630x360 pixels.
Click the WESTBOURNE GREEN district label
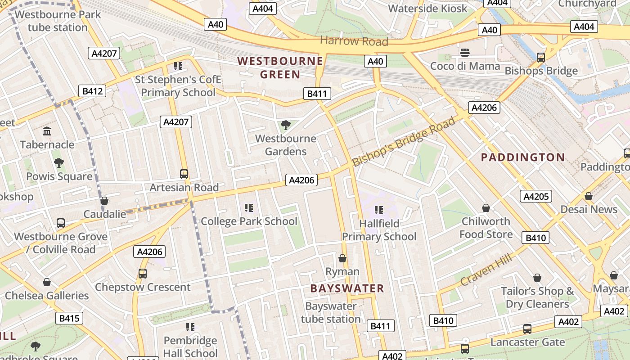point(280,67)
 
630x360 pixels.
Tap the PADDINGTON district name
point(523,157)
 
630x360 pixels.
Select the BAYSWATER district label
point(347,288)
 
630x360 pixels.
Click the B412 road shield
point(93,91)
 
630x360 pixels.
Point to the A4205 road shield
point(535,196)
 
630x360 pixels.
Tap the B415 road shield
point(69,319)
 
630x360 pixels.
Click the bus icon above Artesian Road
point(184,174)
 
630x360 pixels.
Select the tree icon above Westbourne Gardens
point(285,125)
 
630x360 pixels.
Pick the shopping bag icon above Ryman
point(342,258)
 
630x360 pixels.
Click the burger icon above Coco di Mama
point(465,53)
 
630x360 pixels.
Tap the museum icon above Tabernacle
point(47,131)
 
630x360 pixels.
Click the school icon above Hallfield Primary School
point(378,210)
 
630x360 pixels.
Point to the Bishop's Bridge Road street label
point(403,141)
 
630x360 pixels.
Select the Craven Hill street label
point(486,269)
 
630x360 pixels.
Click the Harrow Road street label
point(354,41)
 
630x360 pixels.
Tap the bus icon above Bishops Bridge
point(541,57)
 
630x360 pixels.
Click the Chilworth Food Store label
point(486,228)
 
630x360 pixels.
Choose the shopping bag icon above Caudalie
point(104,201)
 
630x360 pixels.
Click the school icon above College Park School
point(249,207)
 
